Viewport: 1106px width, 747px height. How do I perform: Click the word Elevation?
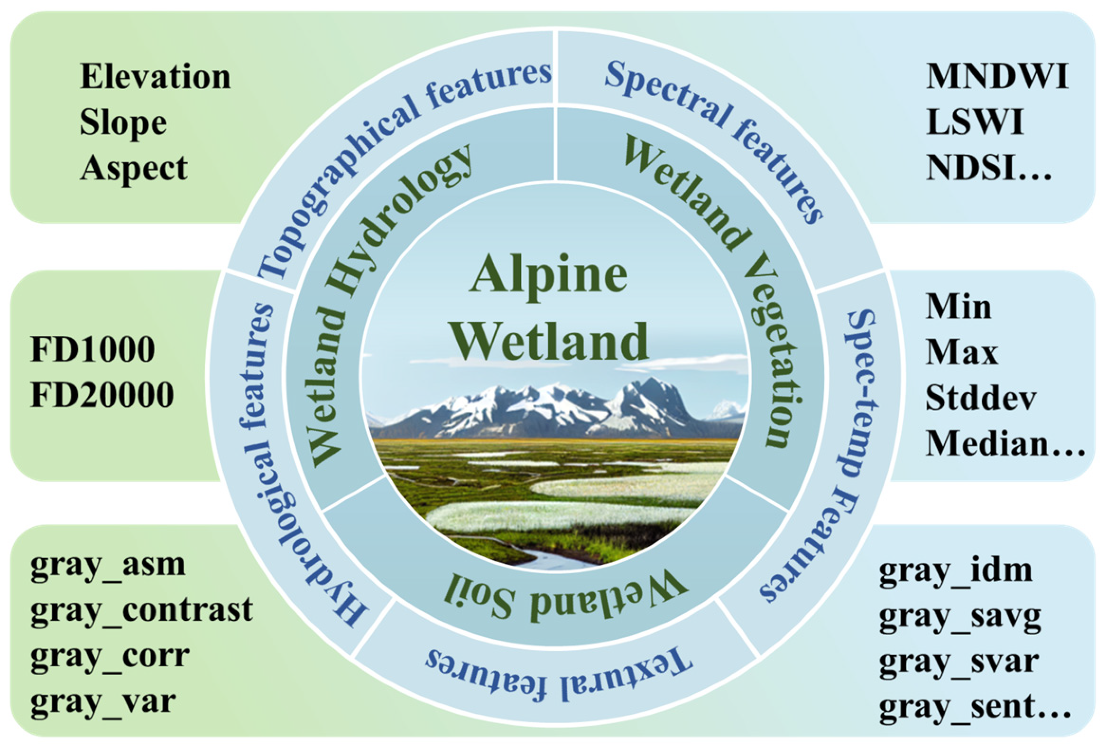point(155,77)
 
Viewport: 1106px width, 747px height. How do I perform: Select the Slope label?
point(123,122)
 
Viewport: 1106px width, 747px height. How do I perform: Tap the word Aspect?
point(134,168)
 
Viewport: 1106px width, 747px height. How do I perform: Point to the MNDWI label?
point(997,76)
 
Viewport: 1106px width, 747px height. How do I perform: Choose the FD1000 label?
point(93,349)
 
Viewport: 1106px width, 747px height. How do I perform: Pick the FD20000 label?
point(102,395)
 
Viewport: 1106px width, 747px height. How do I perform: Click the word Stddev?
point(981,398)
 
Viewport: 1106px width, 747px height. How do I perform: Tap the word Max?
point(961,352)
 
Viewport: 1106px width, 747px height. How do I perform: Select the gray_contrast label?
point(141,610)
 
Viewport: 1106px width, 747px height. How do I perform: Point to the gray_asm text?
point(108,565)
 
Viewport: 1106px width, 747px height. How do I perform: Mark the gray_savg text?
point(960,617)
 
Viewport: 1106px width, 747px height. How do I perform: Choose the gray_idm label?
point(956,571)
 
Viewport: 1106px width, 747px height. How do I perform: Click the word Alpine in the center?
point(549,275)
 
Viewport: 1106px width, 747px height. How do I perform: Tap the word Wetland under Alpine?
point(550,341)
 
